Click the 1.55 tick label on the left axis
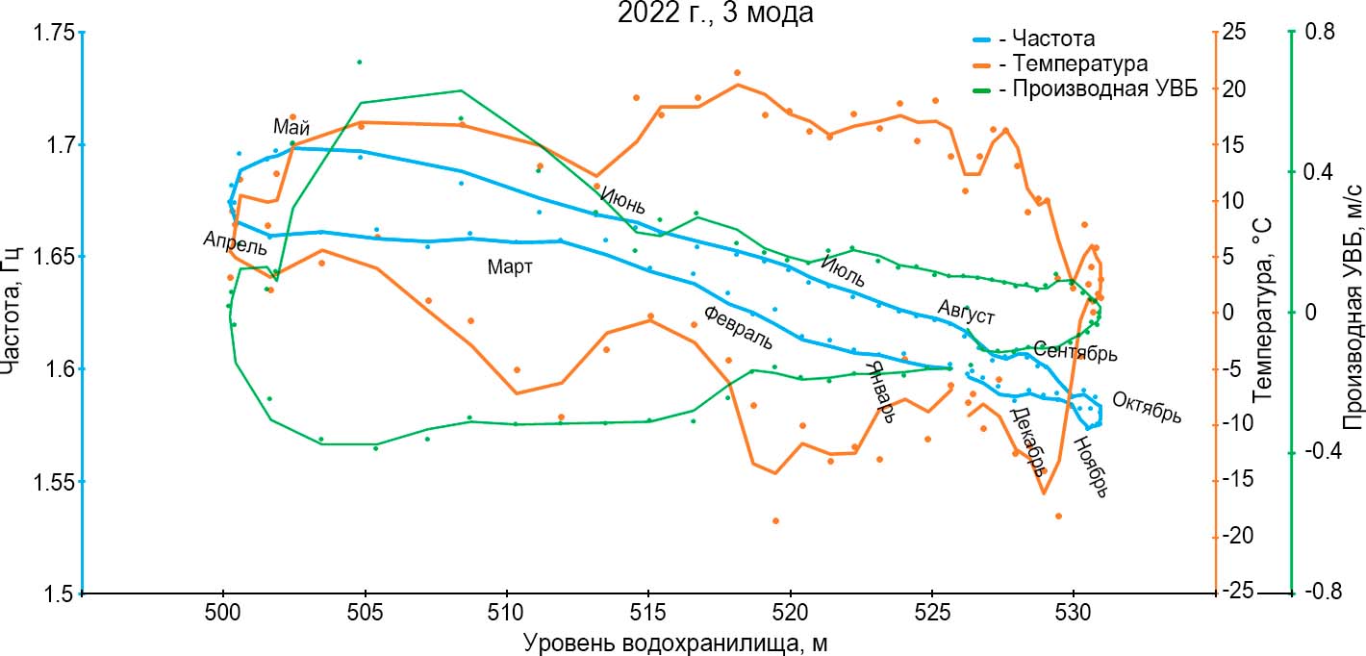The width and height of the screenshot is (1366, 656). pos(53,481)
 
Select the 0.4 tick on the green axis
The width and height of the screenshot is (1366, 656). pos(1313,172)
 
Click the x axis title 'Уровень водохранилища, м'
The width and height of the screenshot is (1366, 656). pos(676,642)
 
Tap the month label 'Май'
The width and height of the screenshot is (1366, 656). pos(291,127)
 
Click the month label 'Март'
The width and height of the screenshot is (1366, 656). pos(510,267)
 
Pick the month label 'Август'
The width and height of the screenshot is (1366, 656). pos(966,313)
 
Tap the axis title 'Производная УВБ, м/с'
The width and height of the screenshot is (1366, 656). pos(1353,313)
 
